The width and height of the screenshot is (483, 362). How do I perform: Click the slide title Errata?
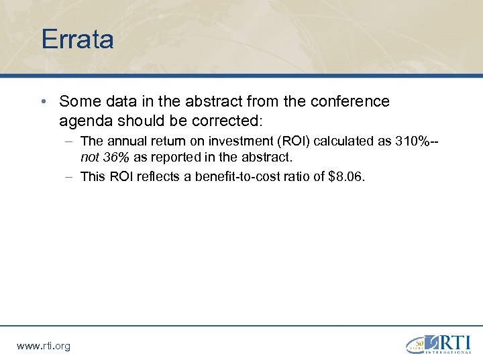(77, 39)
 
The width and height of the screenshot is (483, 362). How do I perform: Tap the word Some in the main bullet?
(76, 101)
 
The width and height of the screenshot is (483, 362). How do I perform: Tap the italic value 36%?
(115, 158)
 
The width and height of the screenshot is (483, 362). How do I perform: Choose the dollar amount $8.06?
(345, 177)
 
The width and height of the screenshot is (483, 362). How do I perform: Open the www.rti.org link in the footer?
(43, 346)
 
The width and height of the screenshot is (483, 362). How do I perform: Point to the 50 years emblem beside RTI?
(417, 344)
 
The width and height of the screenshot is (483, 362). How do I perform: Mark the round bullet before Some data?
(42, 102)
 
